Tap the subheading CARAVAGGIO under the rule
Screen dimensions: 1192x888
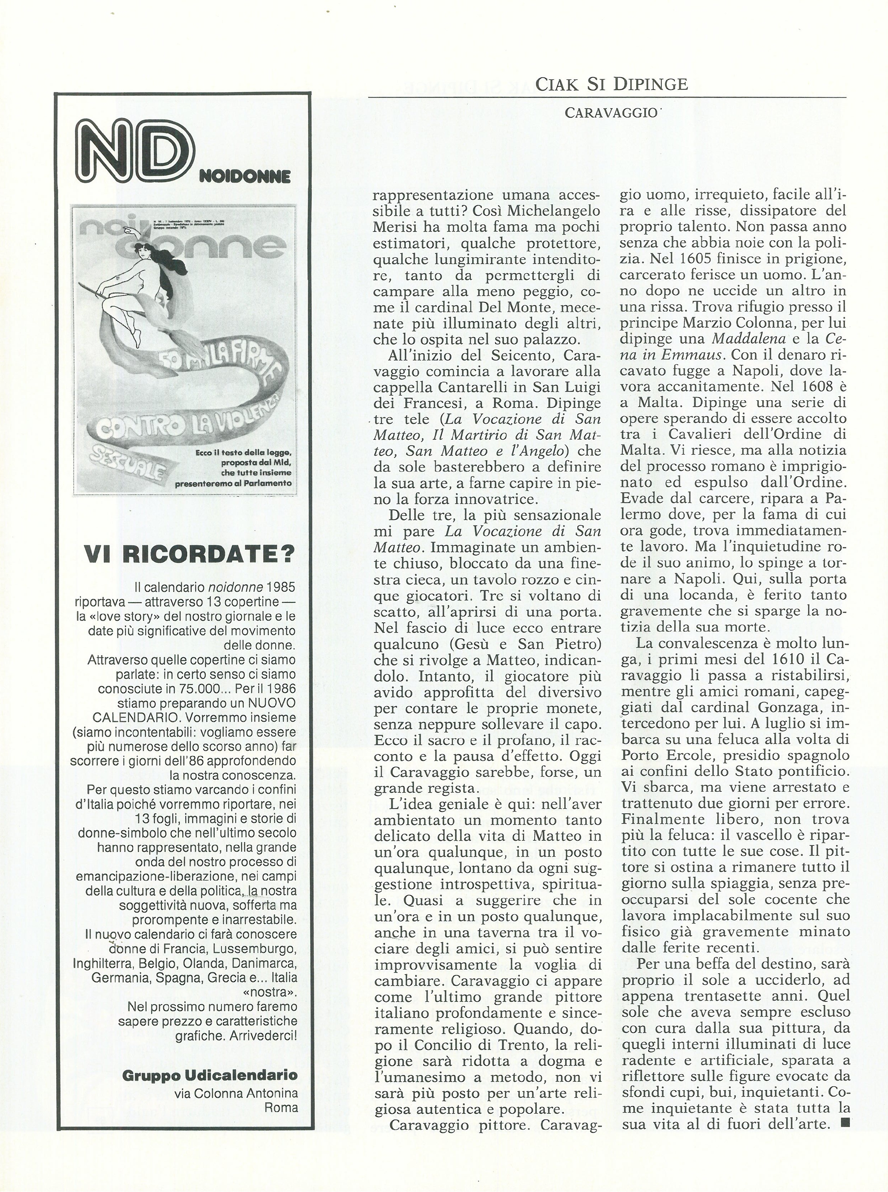611,113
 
